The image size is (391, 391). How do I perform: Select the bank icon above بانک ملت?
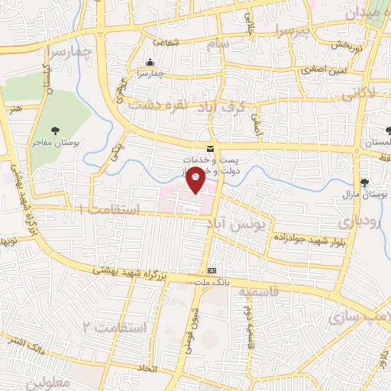tap(212, 271)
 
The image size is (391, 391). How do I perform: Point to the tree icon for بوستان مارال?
tap(364, 183)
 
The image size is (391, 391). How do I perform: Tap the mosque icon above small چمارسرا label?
tap(149, 63)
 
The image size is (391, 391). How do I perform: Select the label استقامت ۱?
tap(106, 208)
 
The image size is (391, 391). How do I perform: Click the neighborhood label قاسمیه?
tap(256, 292)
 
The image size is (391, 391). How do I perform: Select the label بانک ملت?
tap(212, 283)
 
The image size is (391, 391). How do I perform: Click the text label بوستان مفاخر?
tap(56, 142)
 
